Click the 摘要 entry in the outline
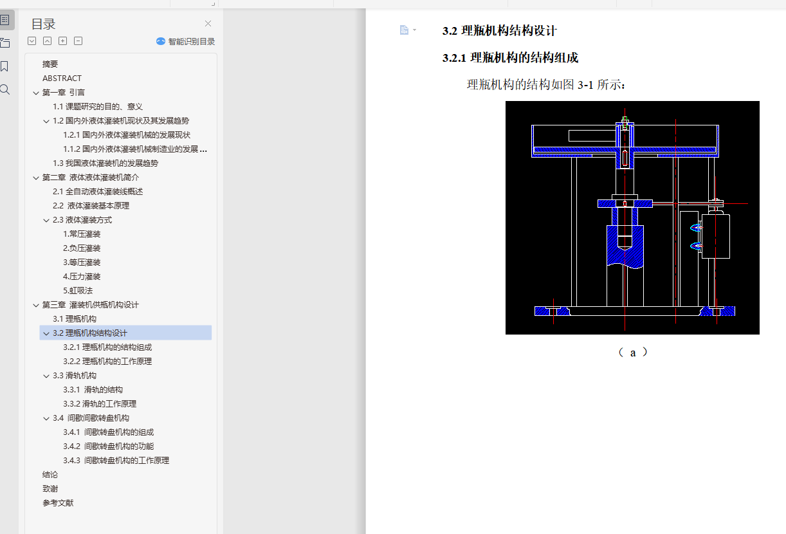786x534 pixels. pos(50,64)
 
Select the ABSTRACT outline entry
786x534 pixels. pos(62,78)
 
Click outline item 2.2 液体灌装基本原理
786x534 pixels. pos(91,206)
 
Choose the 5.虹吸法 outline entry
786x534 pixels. pos(78,291)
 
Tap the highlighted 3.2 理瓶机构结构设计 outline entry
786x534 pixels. pos(90,333)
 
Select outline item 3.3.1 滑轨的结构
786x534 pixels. pos(93,390)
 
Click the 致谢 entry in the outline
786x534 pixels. pos(50,489)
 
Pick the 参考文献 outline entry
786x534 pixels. pos(58,503)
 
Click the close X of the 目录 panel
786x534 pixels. pos(208,24)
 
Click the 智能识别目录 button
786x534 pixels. pos(185,41)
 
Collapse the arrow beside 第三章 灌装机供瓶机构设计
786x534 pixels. pos(36,305)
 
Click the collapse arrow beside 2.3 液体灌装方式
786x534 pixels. pos(46,220)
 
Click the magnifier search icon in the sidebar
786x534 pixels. pos(5,89)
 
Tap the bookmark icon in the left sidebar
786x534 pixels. pos(5,66)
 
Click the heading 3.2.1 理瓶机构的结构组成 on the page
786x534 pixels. pos(510,58)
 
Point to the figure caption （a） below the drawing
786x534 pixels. pos(632,353)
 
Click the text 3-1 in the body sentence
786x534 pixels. pos(585,85)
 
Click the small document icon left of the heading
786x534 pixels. pos(404,30)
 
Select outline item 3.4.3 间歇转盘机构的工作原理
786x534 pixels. pos(116,461)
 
